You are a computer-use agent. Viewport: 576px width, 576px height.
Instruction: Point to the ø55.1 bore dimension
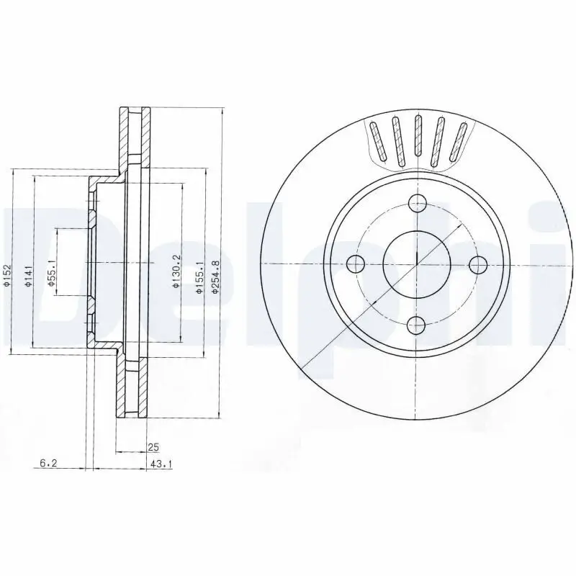click(x=51, y=273)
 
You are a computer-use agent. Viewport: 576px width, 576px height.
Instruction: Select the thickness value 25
click(x=152, y=447)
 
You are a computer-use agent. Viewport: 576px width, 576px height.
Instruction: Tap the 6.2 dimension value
click(x=48, y=465)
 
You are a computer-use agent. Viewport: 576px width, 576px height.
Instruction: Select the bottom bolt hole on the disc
click(x=417, y=325)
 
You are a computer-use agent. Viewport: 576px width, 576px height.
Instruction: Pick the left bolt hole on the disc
click(x=356, y=264)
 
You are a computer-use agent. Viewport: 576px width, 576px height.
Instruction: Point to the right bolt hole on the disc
click(x=477, y=264)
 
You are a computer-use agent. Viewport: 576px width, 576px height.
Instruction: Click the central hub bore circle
click(x=417, y=264)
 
